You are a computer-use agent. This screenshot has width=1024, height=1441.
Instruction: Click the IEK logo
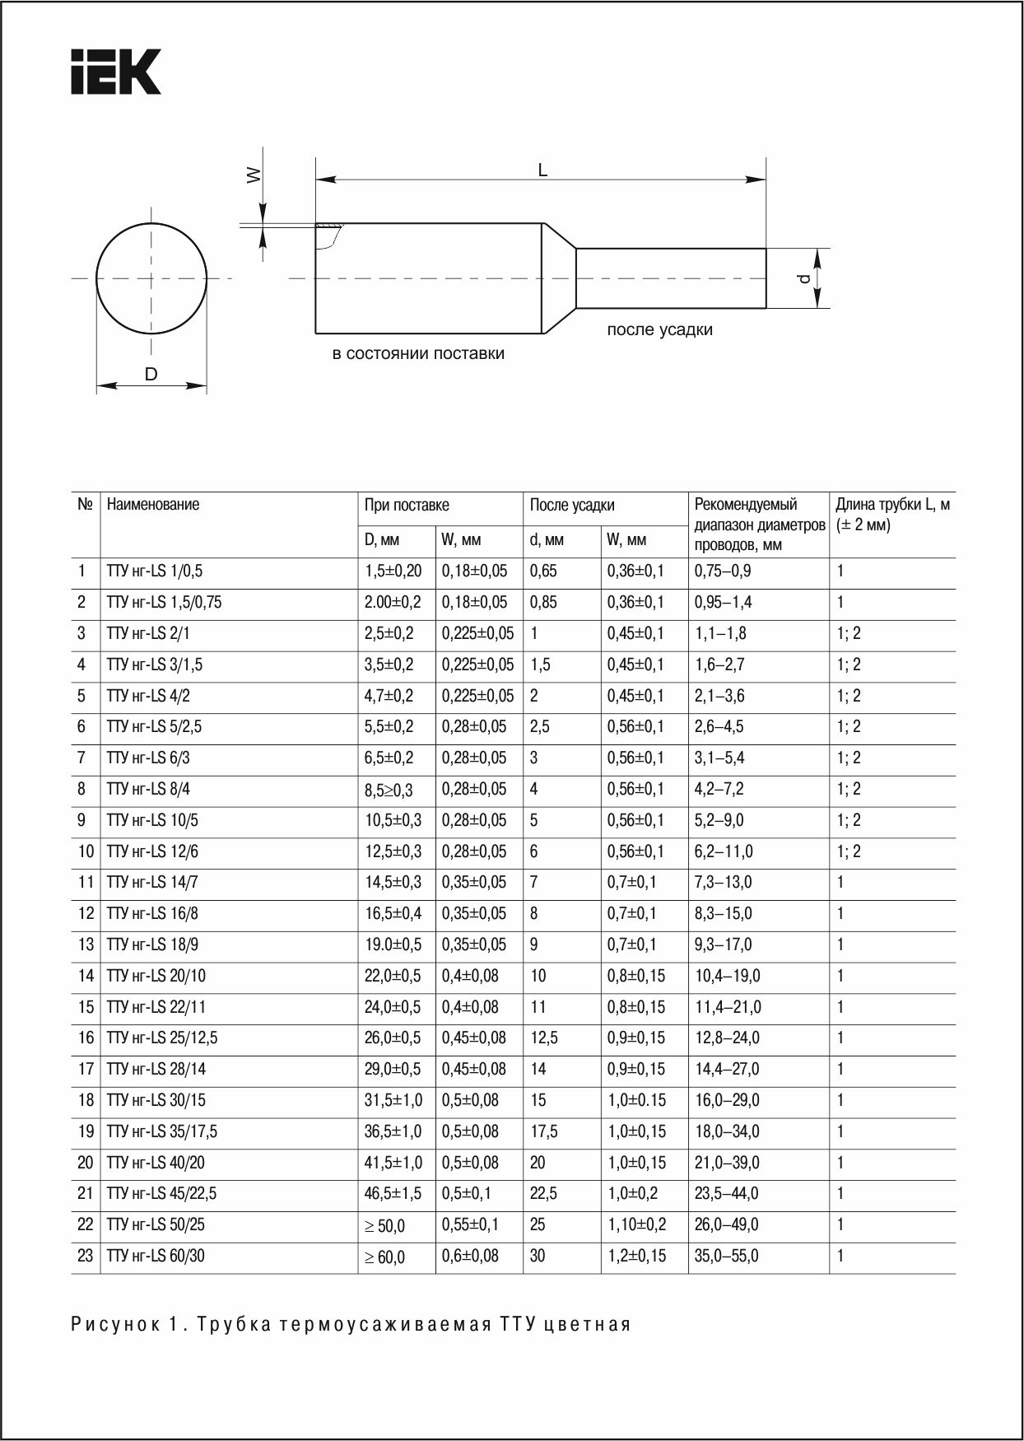point(115,72)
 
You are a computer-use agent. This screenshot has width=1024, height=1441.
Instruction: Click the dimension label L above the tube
point(542,170)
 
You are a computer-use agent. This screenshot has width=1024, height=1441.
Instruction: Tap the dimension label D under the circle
point(151,375)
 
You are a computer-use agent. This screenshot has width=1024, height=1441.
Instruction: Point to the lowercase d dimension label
point(804,279)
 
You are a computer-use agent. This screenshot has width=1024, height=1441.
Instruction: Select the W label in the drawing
point(254,175)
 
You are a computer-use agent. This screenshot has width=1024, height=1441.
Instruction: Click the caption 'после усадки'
point(659,329)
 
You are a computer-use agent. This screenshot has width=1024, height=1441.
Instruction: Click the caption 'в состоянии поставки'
point(418,354)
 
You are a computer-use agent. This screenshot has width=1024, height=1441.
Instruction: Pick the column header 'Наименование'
point(153,505)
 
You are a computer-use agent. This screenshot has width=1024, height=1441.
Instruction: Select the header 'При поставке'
point(407,506)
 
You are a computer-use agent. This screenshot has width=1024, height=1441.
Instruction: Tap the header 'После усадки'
point(572,506)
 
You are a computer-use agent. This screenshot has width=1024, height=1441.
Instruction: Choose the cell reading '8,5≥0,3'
point(389,790)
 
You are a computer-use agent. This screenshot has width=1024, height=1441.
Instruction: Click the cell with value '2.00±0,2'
point(393,603)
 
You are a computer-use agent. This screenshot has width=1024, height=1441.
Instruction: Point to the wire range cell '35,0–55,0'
point(727,1256)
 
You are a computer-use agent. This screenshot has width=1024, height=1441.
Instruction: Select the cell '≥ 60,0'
point(384,1257)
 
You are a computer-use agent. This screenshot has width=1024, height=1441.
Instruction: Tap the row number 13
point(86,944)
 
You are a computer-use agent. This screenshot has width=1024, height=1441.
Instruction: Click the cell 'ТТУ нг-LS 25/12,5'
point(162,1038)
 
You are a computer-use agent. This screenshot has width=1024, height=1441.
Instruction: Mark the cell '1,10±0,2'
point(636,1224)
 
